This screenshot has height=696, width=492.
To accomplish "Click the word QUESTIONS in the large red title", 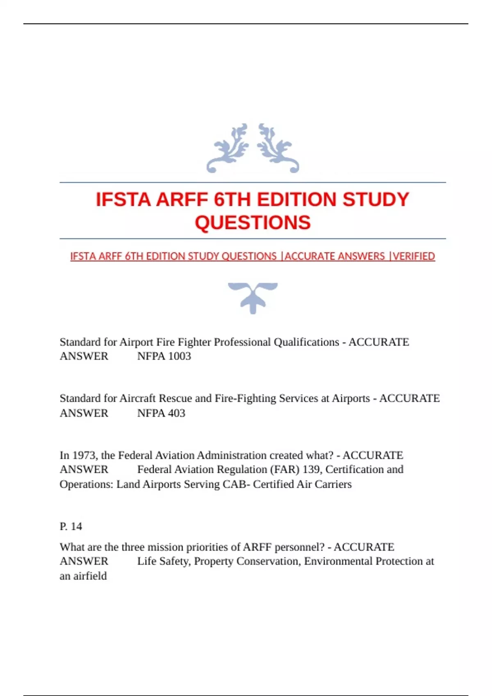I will [x=253, y=223].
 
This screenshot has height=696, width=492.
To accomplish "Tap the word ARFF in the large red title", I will [x=182, y=200].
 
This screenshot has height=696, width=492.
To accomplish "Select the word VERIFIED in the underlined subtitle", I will [x=414, y=256].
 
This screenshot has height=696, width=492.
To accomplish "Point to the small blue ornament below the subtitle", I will [x=253, y=298].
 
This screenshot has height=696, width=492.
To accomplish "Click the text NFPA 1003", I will [x=164, y=356].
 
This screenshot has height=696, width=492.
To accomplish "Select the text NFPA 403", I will [x=161, y=413].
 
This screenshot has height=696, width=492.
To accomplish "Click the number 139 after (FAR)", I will [x=311, y=470].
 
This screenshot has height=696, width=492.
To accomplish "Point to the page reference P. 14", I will [x=71, y=526].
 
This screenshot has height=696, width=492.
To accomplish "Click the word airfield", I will [x=90, y=576].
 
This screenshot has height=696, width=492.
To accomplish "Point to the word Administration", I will [x=232, y=455].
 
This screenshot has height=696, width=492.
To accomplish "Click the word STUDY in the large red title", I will [x=376, y=200].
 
